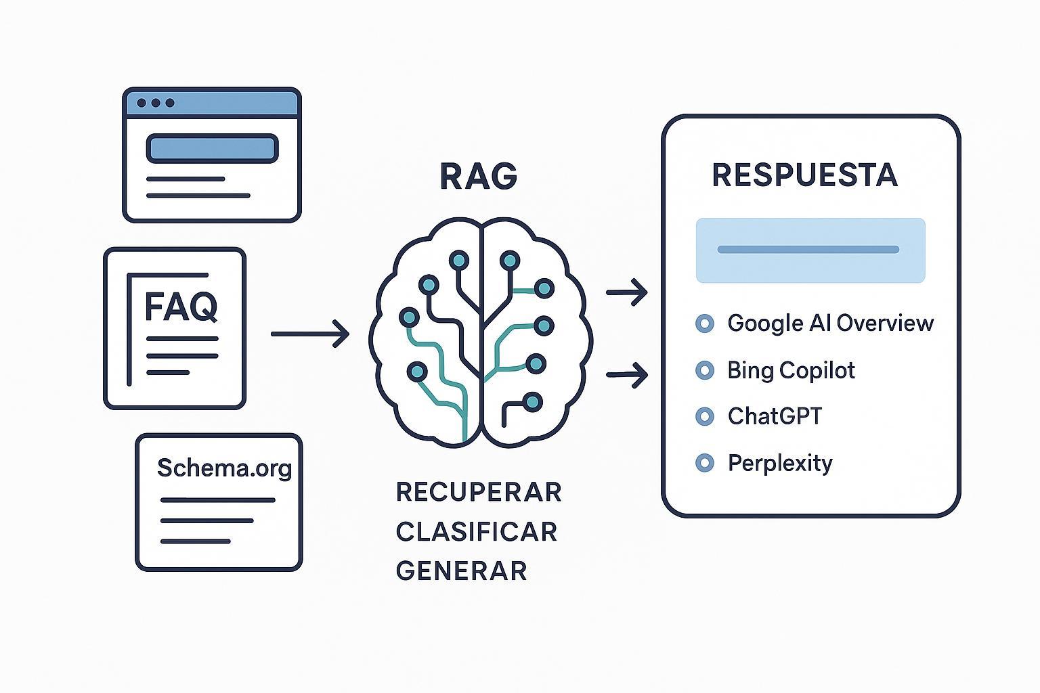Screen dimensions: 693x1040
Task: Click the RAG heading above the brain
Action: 478,176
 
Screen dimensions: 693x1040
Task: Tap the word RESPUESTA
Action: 804,175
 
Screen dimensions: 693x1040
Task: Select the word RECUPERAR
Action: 479,492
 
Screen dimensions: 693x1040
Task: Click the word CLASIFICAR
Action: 476,531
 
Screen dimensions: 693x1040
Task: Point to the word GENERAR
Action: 461,571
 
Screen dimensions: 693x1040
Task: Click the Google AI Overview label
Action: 830,323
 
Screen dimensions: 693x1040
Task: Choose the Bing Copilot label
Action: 791,370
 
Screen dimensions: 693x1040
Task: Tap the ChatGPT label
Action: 775,416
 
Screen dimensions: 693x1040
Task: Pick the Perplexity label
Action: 780,463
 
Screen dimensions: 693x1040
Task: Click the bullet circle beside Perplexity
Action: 705,463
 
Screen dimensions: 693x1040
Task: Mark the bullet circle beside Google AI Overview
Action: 705,323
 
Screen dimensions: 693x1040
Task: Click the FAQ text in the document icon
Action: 181,307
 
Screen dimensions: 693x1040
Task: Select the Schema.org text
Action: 224,468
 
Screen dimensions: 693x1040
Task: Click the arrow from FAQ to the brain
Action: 309,334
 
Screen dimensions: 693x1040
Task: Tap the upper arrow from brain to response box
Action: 626,292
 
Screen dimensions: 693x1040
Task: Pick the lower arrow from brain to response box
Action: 626,374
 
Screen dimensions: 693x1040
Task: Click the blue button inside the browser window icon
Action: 213,148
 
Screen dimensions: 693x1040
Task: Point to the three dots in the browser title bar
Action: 156,103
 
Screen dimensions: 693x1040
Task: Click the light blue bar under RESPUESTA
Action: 810,250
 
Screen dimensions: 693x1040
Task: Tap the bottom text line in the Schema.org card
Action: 196,541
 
